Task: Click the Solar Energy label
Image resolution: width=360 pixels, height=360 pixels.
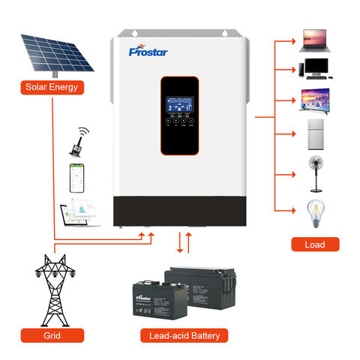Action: (x=52, y=87)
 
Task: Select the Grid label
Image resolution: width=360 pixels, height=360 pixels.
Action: (x=50, y=336)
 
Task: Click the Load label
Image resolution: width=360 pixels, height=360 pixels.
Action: (x=315, y=244)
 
